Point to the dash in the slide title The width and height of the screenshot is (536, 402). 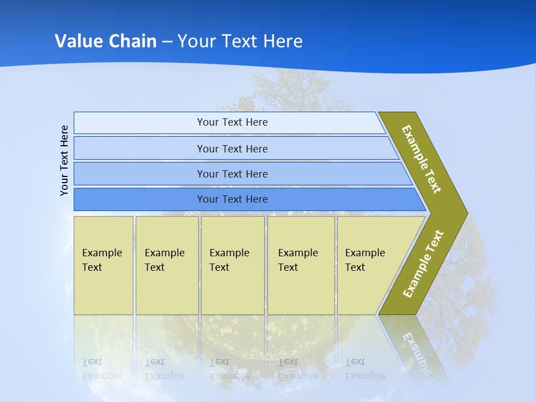click(x=167, y=42)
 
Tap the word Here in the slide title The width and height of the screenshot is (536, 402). click(x=283, y=41)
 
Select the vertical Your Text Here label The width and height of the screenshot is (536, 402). click(x=64, y=161)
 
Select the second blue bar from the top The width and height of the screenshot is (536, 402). click(x=232, y=149)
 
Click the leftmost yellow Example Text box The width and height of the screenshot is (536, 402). click(x=103, y=265)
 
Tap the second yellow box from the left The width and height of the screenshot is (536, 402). click(x=166, y=265)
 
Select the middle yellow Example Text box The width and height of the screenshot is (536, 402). click(x=232, y=265)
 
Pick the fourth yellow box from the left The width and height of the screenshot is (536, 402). click(x=301, y=265)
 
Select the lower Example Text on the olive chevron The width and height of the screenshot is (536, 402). click(x=423, y=264)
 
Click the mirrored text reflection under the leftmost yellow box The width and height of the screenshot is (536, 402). click(x=102, y=369)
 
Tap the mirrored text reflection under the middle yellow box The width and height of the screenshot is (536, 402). click(x=229, y=369)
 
